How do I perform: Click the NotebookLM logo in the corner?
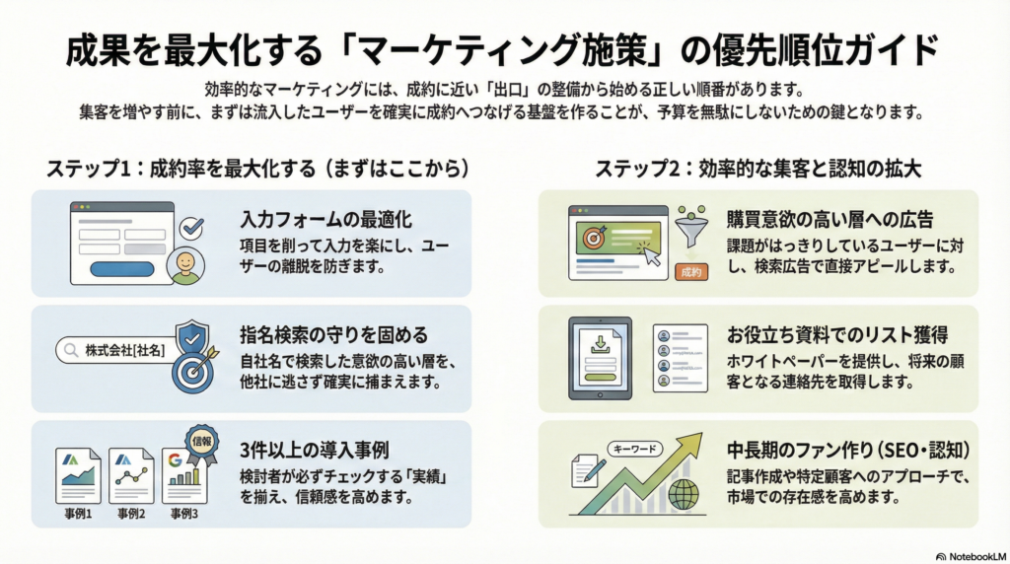point(971,556)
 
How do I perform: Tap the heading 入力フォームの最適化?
point(325,220)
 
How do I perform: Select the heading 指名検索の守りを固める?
point(333,335)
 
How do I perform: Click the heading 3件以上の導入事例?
point(315,450)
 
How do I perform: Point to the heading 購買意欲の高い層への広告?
point(830,220)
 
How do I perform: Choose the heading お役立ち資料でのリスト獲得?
point(837,335)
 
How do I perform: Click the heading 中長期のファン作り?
point(798,450)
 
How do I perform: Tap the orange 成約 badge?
point(691,272)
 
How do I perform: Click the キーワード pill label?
point(635,449)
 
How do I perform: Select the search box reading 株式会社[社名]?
point(116,351)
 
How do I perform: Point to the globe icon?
point(684,494)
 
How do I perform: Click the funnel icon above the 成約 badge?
point(691,227)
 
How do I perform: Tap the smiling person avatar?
point(185,265)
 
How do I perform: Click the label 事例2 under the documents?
point(131,514)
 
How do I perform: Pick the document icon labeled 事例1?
point(78,476)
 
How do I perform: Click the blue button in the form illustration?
point(121,269)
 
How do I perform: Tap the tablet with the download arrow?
point(600,358)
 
